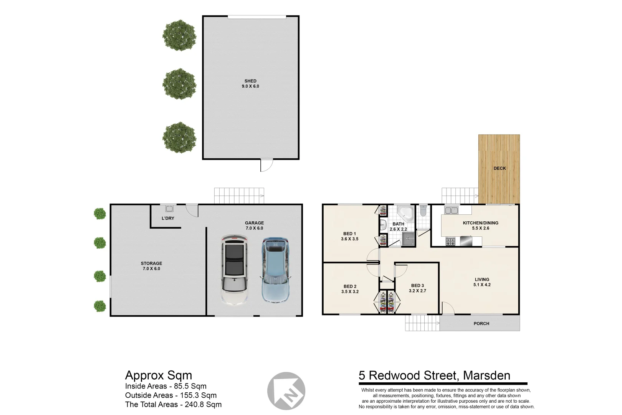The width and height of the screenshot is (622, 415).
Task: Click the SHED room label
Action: point(250,81)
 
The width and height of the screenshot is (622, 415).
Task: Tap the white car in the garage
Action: point(234,270)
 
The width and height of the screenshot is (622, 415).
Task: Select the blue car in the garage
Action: point(275,270)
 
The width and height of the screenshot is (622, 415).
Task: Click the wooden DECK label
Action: point(500,168)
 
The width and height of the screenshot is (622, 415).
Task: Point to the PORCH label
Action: point(481,324)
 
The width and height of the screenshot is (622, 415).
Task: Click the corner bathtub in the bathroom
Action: point(405,213)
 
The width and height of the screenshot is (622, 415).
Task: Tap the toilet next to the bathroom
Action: point(423,211)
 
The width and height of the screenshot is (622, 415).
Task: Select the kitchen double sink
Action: point(451,210)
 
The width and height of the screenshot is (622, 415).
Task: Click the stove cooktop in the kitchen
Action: point(450,242)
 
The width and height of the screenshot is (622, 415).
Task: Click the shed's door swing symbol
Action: point(266,165)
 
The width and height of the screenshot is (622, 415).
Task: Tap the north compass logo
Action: point(286,391)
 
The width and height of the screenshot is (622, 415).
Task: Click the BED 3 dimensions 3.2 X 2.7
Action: point(417,291)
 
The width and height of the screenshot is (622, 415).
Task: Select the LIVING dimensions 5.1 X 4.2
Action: point(482,285)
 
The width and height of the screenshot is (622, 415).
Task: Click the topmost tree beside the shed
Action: point(179,35)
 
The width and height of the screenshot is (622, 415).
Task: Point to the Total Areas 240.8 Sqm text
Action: point(173,404)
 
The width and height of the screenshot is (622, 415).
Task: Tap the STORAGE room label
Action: point(151,264)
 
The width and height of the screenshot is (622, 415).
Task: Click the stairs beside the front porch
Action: point(422,323)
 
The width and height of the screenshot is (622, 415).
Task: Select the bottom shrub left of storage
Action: point(100,306)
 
